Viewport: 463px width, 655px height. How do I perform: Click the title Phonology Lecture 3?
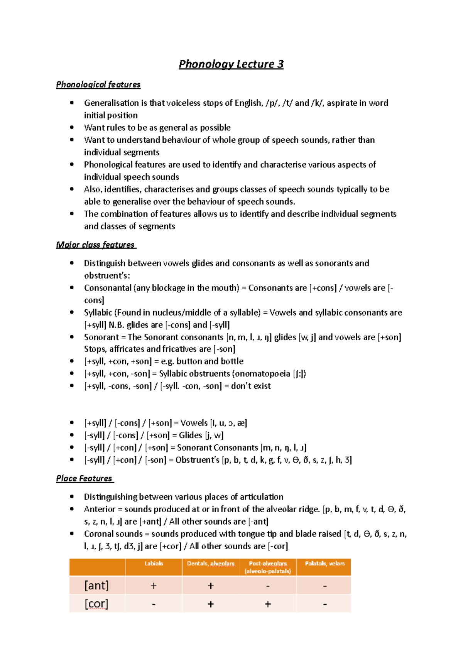pyautogui.click(x=231, y=64)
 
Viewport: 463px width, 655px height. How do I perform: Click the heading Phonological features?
pyautogui.click(x=98, y=84)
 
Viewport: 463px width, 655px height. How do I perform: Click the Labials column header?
pyautogui.click(x=154, y=564)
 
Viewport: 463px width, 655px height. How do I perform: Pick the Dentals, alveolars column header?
pyautogui.click(x=211, y=564)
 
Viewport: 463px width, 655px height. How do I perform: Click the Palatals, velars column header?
pyautogui.click(x=324, y=564)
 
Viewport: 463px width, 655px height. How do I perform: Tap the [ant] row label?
pyautogui.click(x=96, y=586)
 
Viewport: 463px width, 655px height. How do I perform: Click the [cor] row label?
pyautogui.click(x=96, y=604)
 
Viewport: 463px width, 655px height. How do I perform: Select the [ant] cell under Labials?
pyautogui.click(x=154, y=586)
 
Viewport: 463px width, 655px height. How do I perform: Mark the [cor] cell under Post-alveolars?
pyautogui.click(x=268, y=604)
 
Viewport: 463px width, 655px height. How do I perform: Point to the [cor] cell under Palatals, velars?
pyautogui.click(x=324, y=604)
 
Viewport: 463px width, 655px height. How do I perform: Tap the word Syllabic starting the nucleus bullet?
pyautogui.click(x=98, y=312)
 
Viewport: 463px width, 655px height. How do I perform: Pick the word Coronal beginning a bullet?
pyautogui.click(x=99, y=534)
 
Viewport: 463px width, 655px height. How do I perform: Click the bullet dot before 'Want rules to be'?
pyautogui.click(x=72, y=127)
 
